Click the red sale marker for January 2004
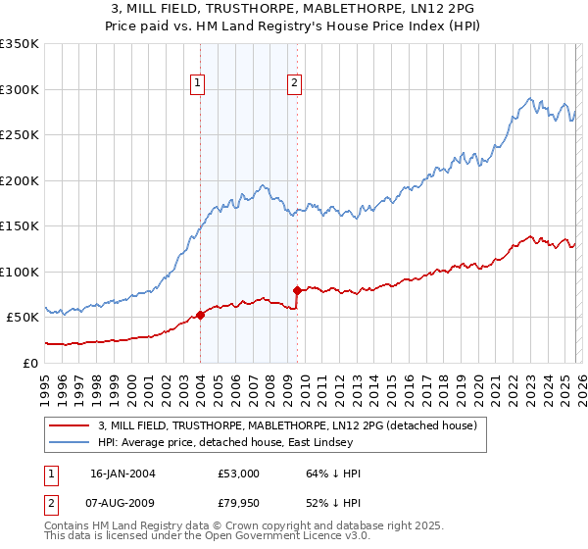(200, 315)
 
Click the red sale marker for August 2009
(297, 290)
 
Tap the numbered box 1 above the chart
(198, 84)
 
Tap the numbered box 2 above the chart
(294, 84)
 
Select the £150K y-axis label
(20, 226)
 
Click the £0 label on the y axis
(29, 363)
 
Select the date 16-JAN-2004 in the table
(122, 474)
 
